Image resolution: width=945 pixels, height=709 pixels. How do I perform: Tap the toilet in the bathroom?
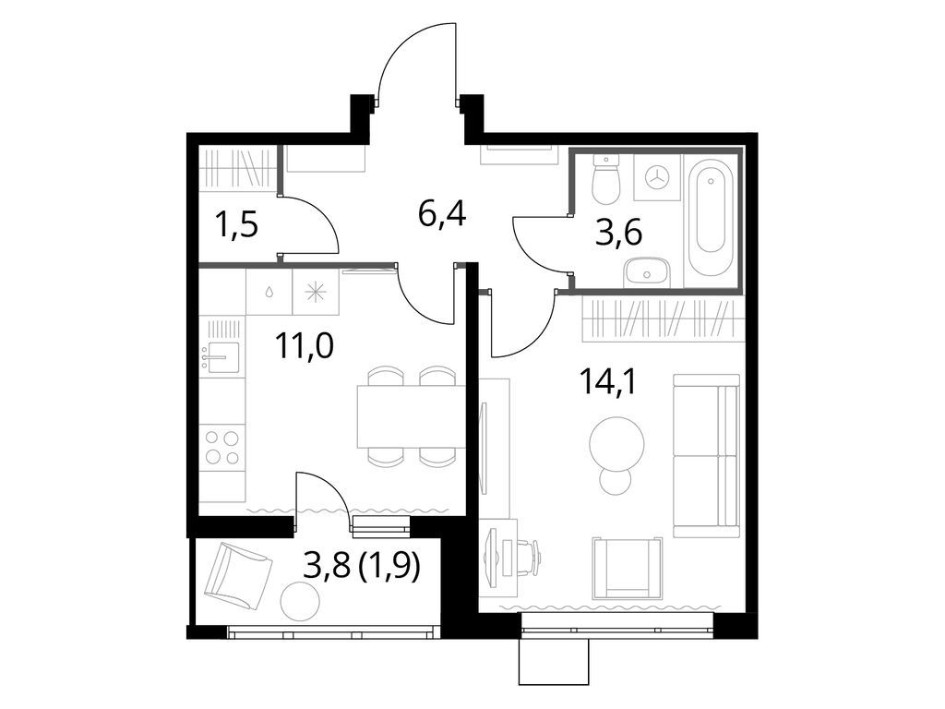(605, 181)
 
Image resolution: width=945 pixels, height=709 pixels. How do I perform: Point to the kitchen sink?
(221, 356)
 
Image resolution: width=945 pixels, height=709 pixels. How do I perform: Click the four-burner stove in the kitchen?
(222, 447)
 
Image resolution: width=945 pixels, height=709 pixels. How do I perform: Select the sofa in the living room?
(706, 455)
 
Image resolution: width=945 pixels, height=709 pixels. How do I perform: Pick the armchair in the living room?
(627, 565)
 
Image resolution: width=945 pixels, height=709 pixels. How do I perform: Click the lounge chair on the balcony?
(237, 574)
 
